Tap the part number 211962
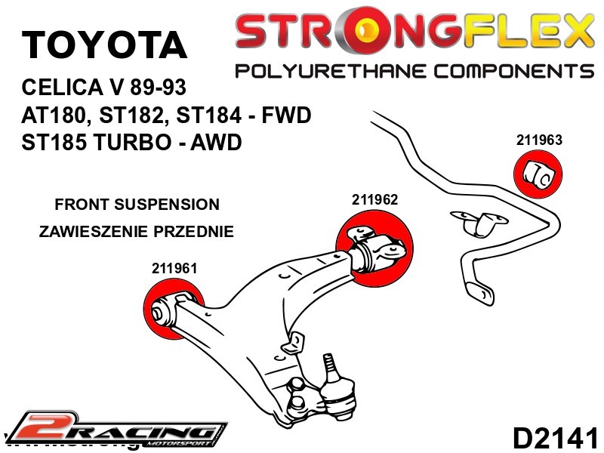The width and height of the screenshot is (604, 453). point(374,200)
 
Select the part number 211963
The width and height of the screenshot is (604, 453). point(540,140)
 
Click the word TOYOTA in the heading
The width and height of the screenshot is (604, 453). point(104,45)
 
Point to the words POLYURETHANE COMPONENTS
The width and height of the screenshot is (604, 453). point(414,72)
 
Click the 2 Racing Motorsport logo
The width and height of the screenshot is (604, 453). point(113,430)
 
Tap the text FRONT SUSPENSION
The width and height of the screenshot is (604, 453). point(137,205)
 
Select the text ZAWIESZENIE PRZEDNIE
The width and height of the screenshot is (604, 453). point(136,232)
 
